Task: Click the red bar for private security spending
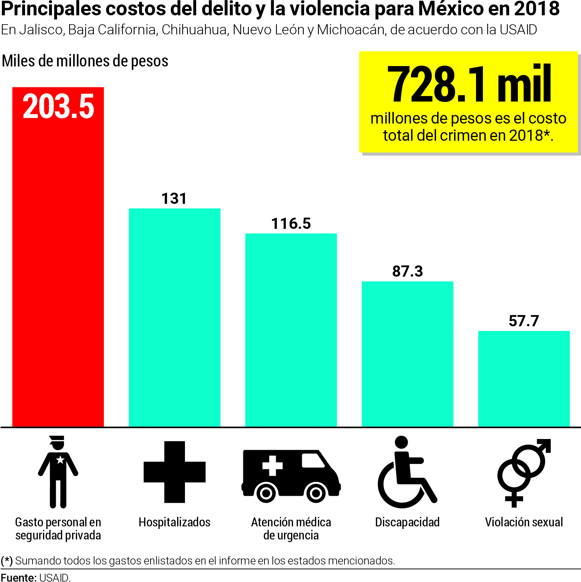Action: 58,261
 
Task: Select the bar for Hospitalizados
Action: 174,317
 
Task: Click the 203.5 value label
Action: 58,107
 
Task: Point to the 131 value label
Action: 174,199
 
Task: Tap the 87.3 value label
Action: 407,271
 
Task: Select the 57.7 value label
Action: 524,321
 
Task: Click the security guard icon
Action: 58,472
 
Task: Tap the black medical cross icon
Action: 174,472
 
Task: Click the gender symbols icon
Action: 524,473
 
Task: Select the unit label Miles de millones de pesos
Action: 85,61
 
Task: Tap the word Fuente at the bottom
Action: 18,577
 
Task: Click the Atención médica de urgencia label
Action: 291,529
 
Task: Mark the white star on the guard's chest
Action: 60,459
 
